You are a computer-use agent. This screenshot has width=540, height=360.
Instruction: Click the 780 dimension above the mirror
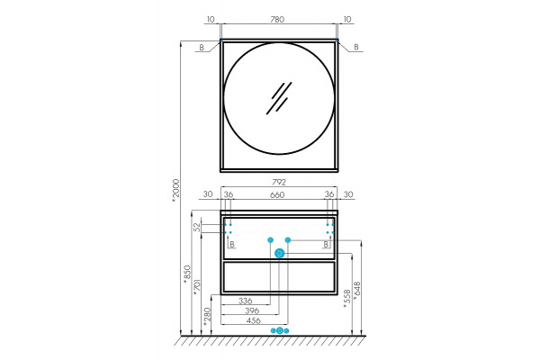click(277, 19)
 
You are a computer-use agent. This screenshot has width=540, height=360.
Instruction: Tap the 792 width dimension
click(279, 182)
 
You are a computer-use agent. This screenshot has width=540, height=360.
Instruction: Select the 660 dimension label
click(277, 195)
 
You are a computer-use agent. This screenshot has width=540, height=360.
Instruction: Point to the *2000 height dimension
click(176, 189)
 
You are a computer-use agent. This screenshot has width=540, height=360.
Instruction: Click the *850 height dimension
click(187, 274)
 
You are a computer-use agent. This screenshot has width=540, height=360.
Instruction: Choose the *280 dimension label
click(207, 317)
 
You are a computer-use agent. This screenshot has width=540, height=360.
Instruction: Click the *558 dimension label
click(347, 298)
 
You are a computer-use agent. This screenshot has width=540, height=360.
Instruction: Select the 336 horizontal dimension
click(245, 301)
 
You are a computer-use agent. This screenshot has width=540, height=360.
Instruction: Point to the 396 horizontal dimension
click(252, 310)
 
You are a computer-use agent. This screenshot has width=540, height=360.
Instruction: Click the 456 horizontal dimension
click(254, 320)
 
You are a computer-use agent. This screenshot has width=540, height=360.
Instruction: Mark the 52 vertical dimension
click(196, 227)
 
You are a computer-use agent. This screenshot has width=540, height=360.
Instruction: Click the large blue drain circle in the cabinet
click(279, 254)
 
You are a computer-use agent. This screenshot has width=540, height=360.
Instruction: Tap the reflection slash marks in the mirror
click(279, 98)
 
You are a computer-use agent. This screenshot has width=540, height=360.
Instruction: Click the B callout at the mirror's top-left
click(202, 48)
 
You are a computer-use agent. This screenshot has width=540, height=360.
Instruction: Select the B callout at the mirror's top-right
click(356, 47)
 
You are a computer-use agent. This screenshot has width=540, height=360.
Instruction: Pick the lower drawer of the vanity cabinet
click(279, 276)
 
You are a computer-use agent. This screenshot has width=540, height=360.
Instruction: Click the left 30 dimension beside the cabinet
click(208, 194)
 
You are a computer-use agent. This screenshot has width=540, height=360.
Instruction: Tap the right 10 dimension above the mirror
click(347, 19)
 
